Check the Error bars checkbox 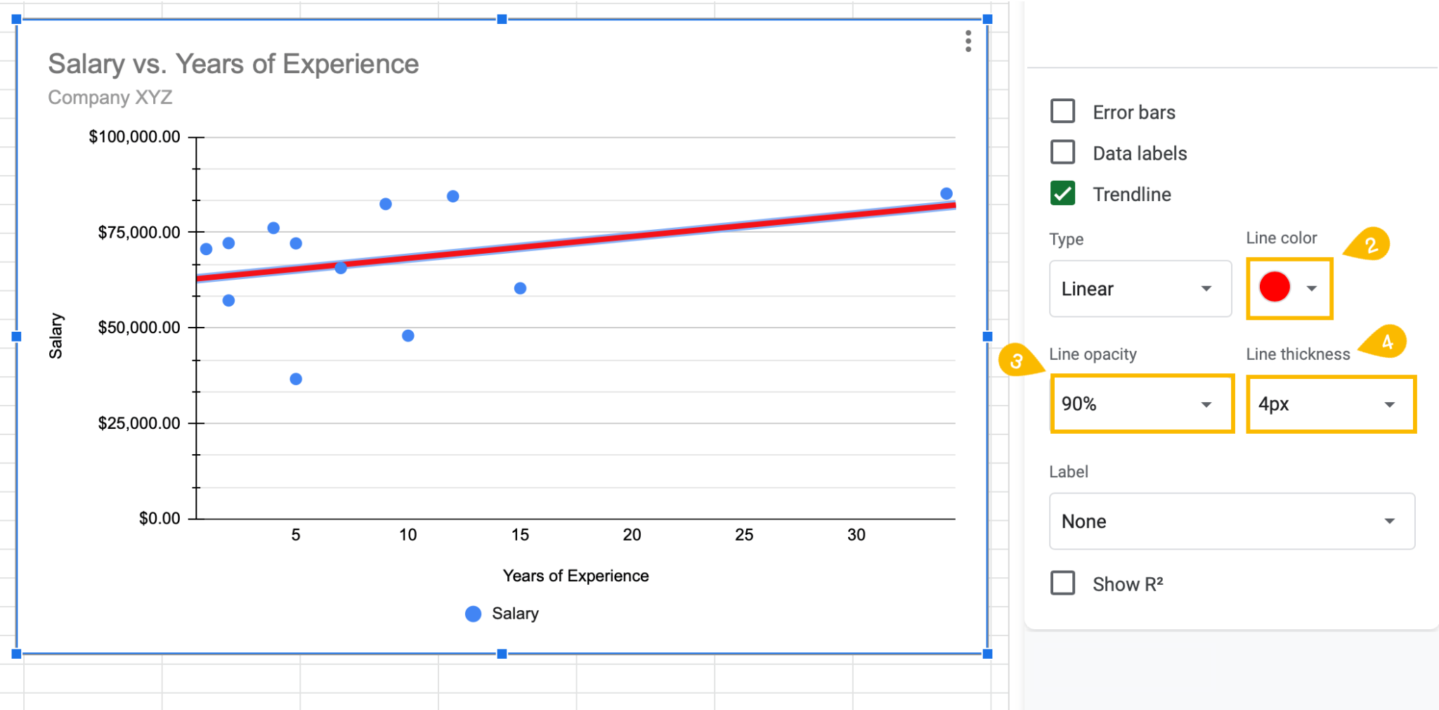coord(1062,111)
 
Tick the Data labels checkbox coord(1062,152)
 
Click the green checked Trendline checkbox coord(1062,193)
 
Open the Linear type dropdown coord(1140,289)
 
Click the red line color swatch coord(1275,288)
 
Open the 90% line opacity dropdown coord(1142,404)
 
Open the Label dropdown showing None coord(1231,522)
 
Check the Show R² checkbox coord(1062,583)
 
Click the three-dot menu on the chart coord(968,41)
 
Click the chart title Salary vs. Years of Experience coord(233,64)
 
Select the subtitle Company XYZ coord(110,97)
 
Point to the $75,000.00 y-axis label coord(139,233)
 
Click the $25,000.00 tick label coord(139,423)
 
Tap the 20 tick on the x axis coord(632,535)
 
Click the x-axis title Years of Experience coord(575,576)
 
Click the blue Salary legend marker coord(474,614)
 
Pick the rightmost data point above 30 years coord(946,193)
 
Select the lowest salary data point coord(296,379)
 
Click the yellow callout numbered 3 coord(1016,361)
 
